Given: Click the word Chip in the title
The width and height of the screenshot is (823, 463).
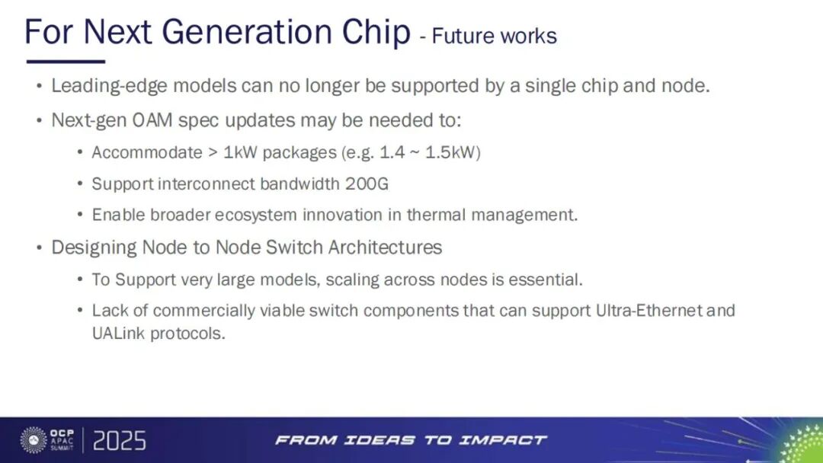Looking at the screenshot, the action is click(376, 33).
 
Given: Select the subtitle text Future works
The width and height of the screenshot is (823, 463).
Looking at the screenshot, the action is click(495, 36).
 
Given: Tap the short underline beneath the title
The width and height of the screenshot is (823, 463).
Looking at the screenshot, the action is click(66, 62).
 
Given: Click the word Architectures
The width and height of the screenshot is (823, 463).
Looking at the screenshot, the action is click(385, 247).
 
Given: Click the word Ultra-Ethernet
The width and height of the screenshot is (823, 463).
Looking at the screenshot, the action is click(648, 311).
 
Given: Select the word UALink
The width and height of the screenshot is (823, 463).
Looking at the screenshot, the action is click(118, 334).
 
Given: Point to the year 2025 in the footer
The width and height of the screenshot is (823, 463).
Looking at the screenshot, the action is click(120, 440).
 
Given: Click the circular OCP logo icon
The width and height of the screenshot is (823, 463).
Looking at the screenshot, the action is click(34, 440).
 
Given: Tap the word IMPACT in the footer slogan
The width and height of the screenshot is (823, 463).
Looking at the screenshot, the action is click(502, 440).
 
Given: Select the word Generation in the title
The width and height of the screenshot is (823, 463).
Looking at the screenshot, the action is click(247, 33).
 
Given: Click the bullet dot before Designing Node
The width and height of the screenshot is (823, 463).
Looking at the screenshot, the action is click(40, 247).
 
